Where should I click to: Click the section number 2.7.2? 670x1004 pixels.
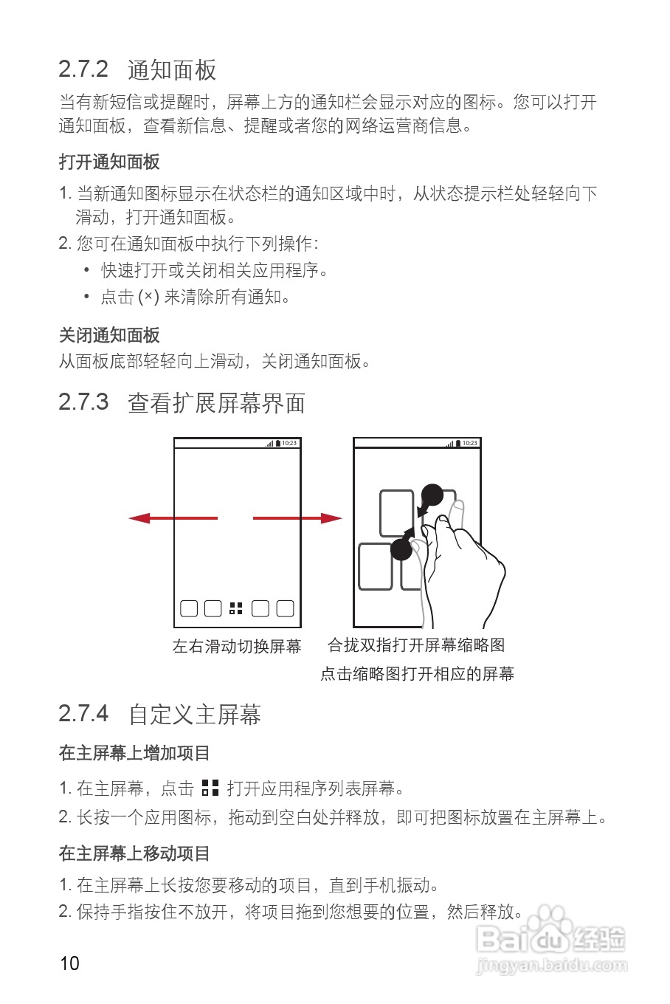coord(83,69)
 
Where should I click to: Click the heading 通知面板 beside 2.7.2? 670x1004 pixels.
coord(172,70)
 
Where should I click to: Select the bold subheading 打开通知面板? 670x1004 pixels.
coord(109,162)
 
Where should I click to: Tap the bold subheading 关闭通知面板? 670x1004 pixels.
coord(109,336)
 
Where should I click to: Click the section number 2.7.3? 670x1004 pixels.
coord(83,402)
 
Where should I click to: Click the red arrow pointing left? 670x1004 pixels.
coord(173,518)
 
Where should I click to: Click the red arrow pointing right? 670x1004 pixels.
coord(297,518)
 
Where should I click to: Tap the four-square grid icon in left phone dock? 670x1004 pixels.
coord(236,608)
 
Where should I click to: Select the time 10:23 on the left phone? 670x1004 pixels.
coord(289,443)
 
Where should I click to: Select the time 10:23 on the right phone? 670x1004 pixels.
coord(470,443)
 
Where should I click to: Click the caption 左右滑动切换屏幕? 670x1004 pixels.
coord(237,647)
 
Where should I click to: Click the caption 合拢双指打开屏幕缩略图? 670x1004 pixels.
coord(416,645)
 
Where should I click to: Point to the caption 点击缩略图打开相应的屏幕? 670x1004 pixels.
coord(417,674)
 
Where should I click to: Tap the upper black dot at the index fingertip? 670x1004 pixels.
coord(432,495)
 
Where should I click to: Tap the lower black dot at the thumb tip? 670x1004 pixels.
coord(401,549)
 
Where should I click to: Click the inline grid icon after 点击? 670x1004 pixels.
coord(210,788)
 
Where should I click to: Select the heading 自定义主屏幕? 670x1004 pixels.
coord(195,715)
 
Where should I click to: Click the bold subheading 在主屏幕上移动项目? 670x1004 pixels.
coord(134,853)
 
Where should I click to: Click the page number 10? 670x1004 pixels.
coord(69,963)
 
